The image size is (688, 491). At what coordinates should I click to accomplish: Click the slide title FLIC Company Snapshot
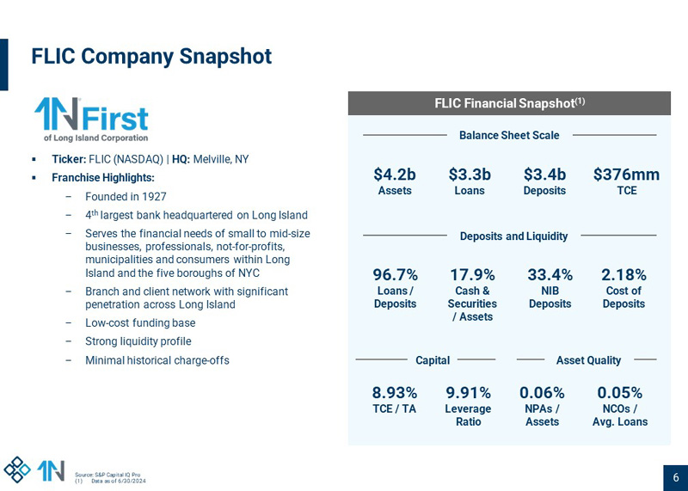click(151, 57)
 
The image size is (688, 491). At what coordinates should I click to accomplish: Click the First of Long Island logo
click(91, 120)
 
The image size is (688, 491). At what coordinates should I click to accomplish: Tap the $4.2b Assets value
click(395, 175)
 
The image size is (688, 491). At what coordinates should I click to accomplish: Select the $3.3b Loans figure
click(470, 175)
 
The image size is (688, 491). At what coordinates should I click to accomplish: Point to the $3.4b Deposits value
click(544, 175)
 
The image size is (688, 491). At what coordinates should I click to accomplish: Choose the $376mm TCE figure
click(626, 175)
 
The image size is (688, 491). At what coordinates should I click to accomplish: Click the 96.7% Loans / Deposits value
click(396, 275)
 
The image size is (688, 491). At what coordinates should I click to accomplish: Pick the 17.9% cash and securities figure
click(472, 275)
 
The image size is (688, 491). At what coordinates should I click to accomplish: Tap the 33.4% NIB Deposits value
click(550, 275)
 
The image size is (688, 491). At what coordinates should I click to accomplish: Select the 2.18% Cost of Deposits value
click(623, 275)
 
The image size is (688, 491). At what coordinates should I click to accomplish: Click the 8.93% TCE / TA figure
click(395, 393)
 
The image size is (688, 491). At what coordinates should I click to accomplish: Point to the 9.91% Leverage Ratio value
click(468, 393)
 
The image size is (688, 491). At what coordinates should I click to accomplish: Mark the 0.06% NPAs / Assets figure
click(542, 393)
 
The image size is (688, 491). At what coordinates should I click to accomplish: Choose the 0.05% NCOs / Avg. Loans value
click(619, 393)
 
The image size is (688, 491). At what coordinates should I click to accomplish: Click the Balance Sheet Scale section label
click(509, 135)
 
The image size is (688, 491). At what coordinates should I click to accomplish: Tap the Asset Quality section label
click(588, 360)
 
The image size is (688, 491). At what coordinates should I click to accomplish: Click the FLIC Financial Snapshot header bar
click(509, 103)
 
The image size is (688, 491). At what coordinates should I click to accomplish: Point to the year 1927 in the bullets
click(152, 196)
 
